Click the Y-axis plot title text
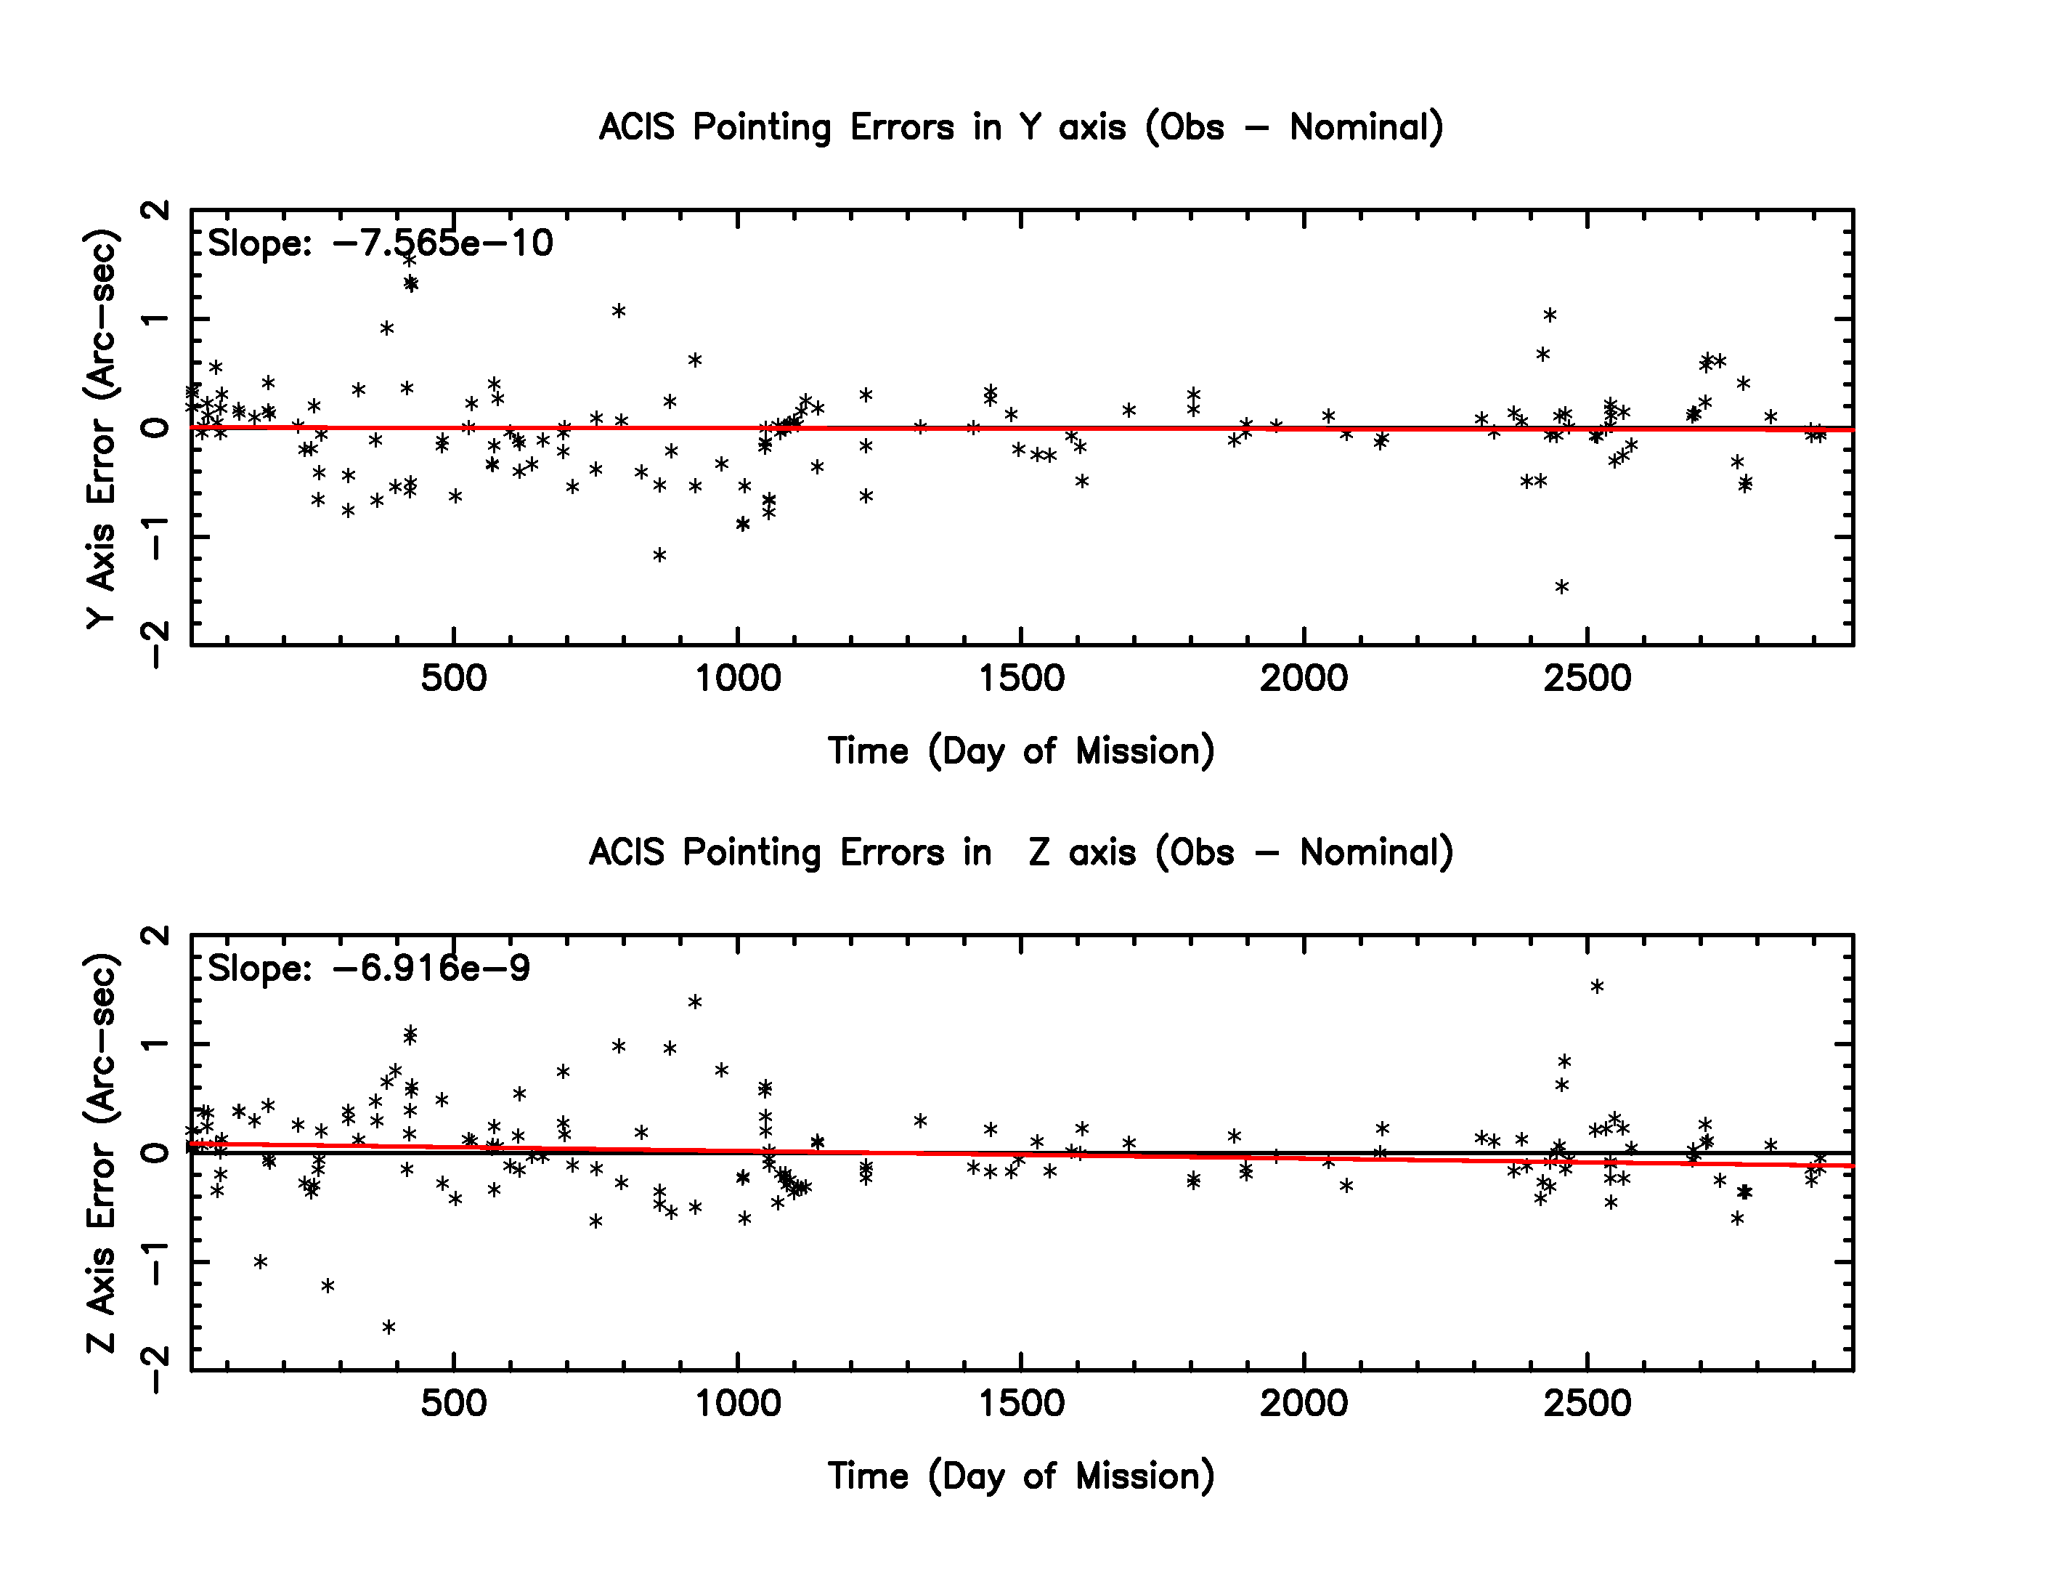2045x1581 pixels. (1020, 127)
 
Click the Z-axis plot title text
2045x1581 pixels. (1020, 852)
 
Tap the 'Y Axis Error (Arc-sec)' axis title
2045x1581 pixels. (101, 428)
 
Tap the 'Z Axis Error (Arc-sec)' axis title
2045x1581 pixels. (101, 1153)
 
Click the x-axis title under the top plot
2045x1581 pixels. (1020, 751)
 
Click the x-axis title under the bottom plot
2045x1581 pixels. (1020, 1476)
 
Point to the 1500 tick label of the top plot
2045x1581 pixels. (1020, 678)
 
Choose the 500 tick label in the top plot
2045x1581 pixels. (454, 678)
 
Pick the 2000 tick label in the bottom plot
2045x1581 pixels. (1304, 1403)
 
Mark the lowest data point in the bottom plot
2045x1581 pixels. (389, 1327)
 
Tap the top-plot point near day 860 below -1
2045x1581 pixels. (659, 555)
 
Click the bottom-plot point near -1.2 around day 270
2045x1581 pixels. (328, 1286)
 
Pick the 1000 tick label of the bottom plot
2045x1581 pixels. (738, 1403)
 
